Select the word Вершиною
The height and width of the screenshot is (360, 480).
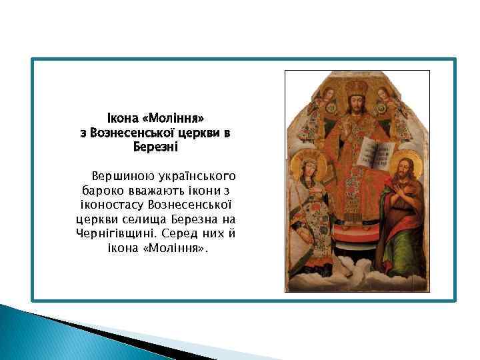pos(123,177)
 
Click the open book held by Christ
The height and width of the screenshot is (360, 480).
pos(369,153)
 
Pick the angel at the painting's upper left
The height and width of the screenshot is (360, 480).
pos(321,100)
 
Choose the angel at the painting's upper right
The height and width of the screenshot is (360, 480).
pos(393,100)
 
